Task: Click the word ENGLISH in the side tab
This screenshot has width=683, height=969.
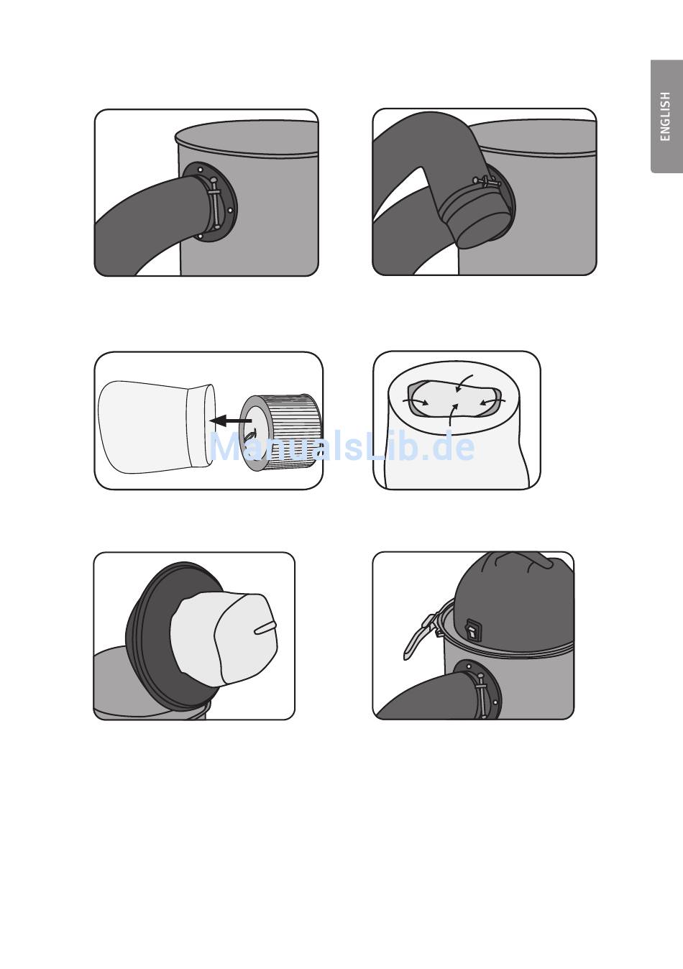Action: point(665,116)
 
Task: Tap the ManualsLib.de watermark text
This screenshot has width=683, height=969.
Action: point(342,447)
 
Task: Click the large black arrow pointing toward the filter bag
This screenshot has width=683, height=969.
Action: point(231,420)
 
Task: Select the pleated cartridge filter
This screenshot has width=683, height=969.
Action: point(280,433)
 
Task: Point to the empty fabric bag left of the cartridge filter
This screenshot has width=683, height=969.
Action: point(156,426)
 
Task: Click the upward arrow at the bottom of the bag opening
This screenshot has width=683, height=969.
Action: point(452,415)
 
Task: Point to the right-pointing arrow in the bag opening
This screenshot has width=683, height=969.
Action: point(416,402)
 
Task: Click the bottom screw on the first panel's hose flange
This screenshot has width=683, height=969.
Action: point(201,236)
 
